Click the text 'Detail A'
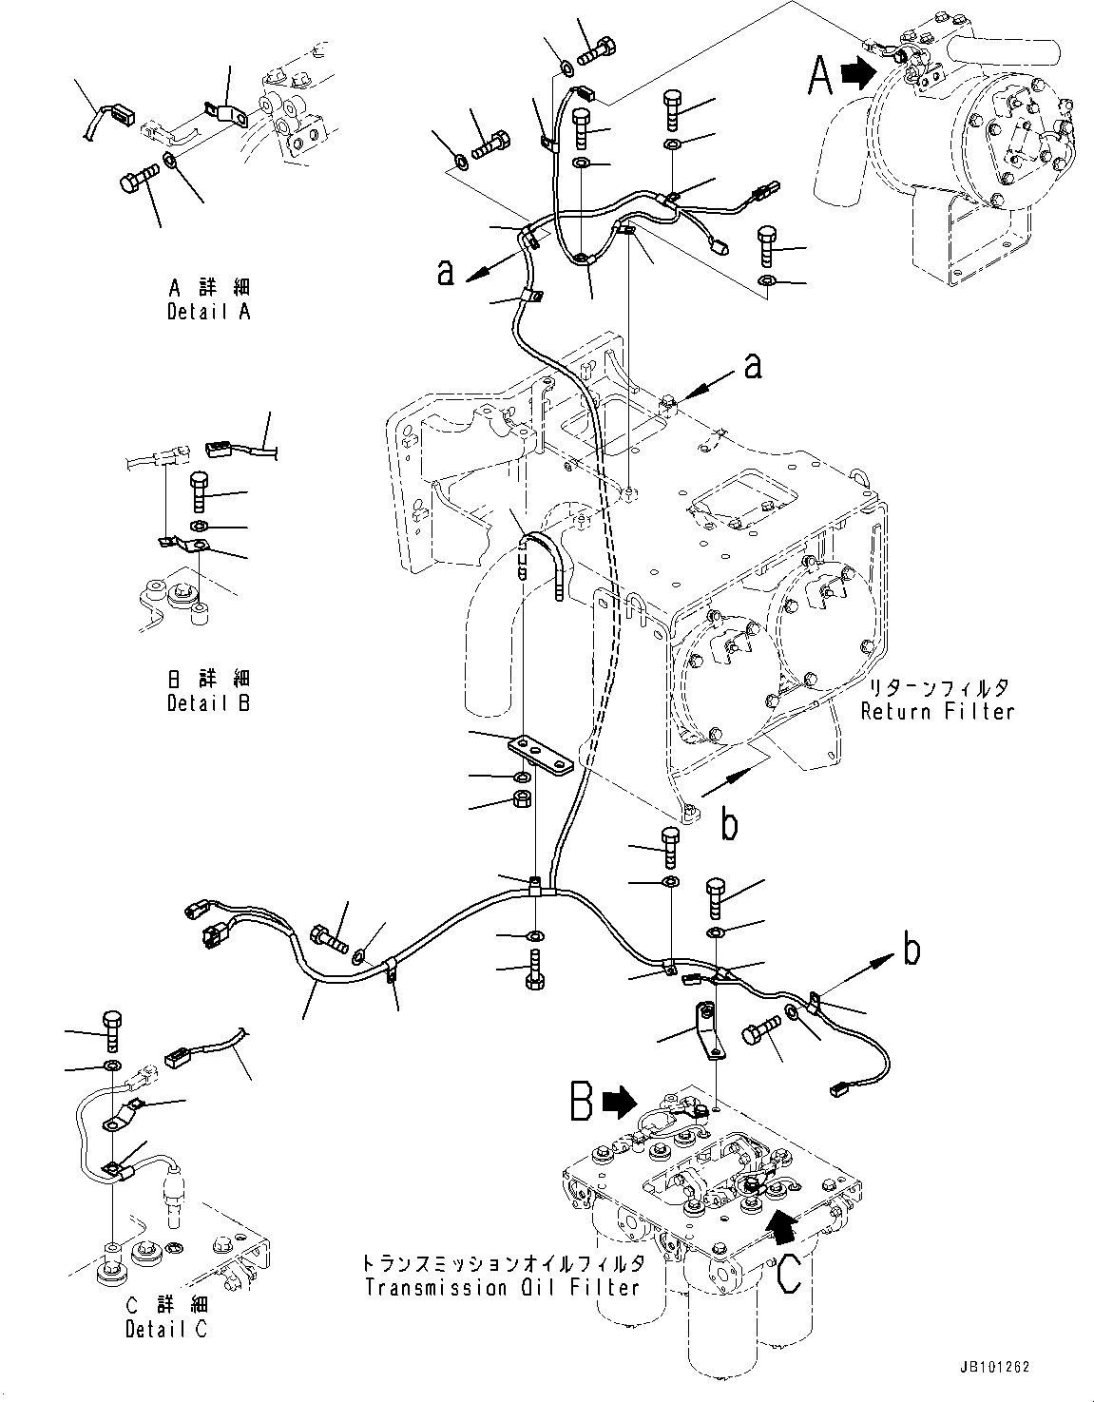[208, 311]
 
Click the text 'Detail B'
[208, 703]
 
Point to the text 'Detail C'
[165, 1329]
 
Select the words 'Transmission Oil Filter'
[501, 1288]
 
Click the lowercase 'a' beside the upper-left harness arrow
[444, 272]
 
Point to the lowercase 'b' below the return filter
[728, 825]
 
